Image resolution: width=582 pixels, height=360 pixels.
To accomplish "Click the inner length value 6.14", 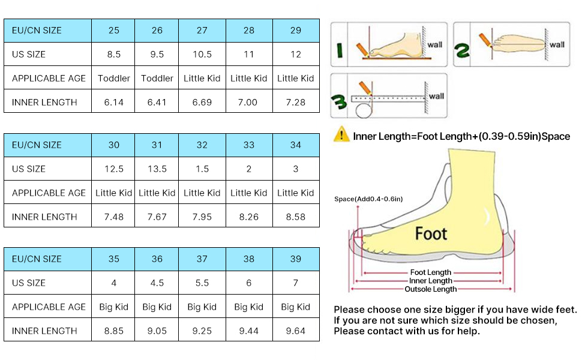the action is [x=113, y=102].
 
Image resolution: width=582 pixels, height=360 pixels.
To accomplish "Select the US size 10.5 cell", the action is [x=202, y=54].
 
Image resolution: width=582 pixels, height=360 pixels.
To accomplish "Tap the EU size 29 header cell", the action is [x=295, y=31].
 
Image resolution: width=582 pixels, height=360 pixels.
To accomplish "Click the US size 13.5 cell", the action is [x=157, y=169].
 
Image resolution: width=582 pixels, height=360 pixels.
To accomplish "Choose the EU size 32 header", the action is [x=202, y=145].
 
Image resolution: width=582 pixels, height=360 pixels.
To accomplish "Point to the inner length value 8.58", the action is [x=295, y=217].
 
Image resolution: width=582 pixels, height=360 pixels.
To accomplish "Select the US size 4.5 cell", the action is [x=157, y=283].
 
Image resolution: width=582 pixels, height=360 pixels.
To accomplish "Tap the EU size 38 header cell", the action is [x=248, y=259].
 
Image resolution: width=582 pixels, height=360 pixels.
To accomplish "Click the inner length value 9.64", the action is [x=295, y=331].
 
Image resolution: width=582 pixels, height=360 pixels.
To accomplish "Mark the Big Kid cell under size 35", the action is [x=113, y=307].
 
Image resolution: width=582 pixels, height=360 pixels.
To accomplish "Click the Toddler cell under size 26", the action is [x=157, y=79].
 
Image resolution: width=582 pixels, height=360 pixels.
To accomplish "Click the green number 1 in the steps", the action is [x=339, y=50].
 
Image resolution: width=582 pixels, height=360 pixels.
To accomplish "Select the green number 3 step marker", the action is [x=339, y=101].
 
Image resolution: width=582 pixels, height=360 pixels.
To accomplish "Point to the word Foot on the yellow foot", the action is [x=431, y=233].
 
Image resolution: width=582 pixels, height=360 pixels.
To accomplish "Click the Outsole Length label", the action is [x=431, y=289].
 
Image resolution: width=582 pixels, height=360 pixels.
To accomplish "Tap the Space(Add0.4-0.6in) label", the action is [x=368, y=199].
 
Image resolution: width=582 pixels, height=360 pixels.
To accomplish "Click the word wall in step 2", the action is [x=557, y=44].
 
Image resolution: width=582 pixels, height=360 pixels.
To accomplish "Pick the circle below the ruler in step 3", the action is [x=364, y=110].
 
